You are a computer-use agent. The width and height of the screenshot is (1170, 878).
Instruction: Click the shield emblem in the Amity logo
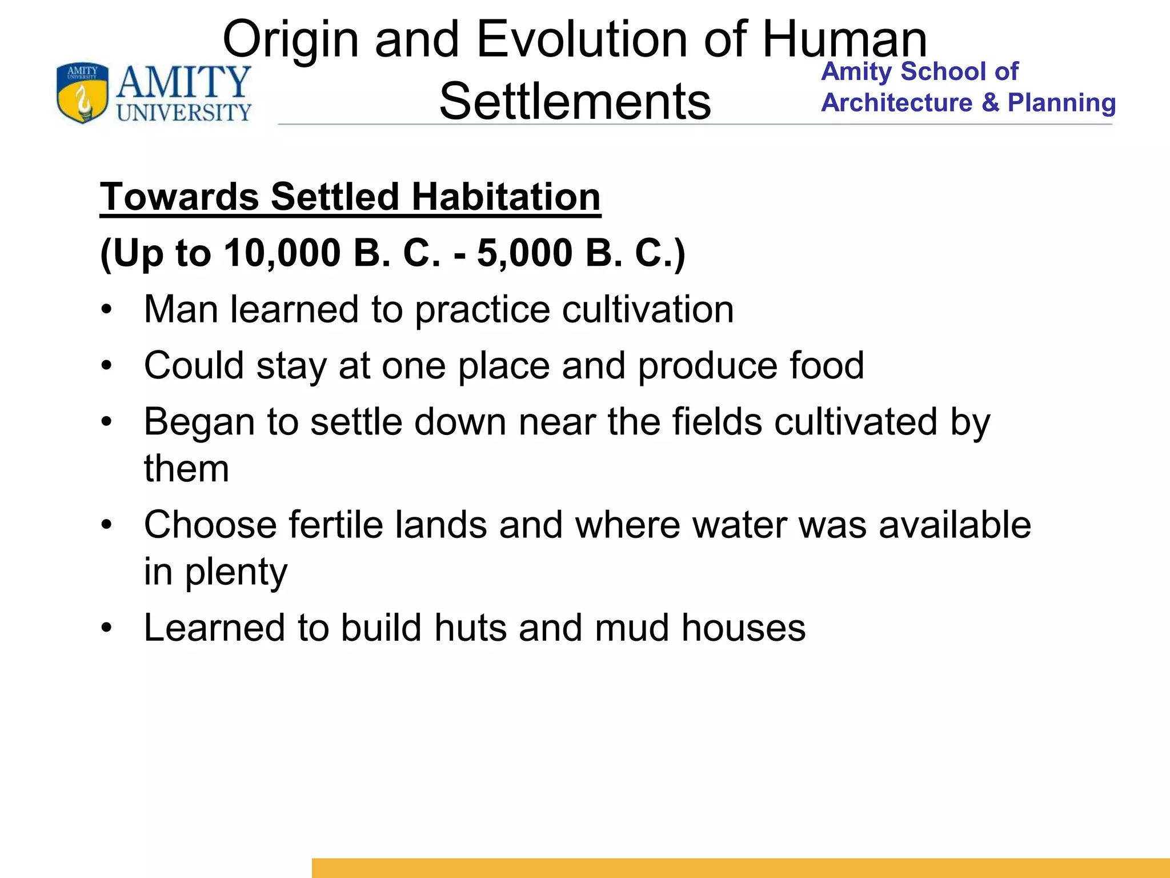point(82,93)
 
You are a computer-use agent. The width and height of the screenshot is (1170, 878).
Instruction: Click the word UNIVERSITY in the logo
point(184,112)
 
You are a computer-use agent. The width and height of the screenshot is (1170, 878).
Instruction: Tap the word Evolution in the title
point(582,39)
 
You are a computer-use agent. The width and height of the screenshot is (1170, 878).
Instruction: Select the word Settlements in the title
point(575,101)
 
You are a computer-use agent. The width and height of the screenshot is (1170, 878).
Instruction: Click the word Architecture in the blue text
point(896,103)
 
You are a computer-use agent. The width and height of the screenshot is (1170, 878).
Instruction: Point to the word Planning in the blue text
point(1061,103)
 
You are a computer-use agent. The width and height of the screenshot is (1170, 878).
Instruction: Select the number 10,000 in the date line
point(282,253)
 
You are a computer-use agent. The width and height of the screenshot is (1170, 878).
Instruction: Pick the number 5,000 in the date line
point(524,253)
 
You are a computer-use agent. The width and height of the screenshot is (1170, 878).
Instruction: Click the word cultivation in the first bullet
point(648,309)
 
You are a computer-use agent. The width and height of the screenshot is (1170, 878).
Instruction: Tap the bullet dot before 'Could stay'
point(106,366)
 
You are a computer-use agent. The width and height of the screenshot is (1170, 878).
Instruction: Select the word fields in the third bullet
point(716,422)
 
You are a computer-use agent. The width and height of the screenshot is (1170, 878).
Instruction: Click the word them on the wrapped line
point(186,469)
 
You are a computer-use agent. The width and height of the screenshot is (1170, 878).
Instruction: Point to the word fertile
point(335,524)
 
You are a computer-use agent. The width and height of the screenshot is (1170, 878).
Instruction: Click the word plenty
point(236,572)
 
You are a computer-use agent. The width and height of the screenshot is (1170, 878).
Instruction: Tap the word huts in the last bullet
point(471,628)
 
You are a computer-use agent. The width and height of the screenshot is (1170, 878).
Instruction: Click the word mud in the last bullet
point(632,628)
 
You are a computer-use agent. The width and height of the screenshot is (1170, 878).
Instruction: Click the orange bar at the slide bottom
point(740,867)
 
